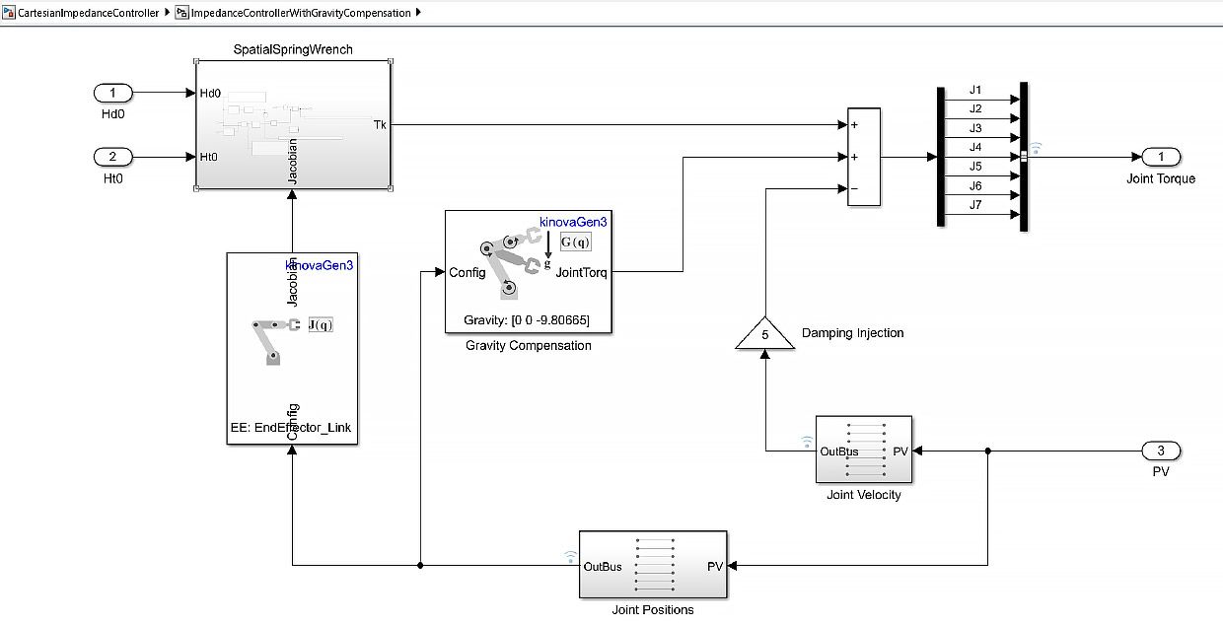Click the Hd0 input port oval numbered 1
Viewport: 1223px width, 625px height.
pos(113,94)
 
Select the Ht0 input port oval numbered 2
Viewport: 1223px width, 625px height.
pos(113,157)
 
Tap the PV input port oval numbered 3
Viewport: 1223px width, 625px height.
pos(1161,451)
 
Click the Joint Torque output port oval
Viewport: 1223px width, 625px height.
pos(1161,157)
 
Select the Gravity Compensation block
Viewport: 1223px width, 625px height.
pos(528,271)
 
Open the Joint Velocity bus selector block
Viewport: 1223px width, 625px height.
pos(864,451)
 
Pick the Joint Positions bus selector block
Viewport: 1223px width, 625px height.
pos(654,565)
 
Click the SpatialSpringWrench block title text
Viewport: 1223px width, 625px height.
pos(293,49)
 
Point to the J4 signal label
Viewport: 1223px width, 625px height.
pos(974,147)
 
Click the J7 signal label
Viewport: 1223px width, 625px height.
pos(974,205)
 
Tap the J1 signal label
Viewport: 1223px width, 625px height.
pos(974,90)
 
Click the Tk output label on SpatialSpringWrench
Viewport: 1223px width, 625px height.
pos(380,124)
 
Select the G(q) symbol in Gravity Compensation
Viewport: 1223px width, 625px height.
pos(575,242)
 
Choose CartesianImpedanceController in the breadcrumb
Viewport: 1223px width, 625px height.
pos(88,13)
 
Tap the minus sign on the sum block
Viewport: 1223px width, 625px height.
pos(854,188)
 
